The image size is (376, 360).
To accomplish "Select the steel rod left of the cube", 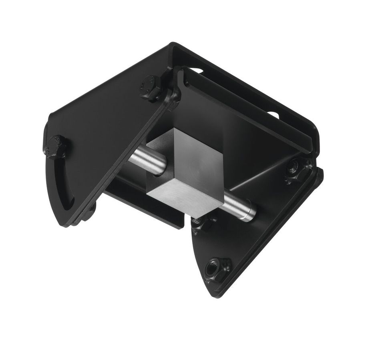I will [146, 160].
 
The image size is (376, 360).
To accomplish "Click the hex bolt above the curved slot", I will [56, 147].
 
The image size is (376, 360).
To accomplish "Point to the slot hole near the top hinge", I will [196, 71].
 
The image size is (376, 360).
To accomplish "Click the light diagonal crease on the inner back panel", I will [256, 176].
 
